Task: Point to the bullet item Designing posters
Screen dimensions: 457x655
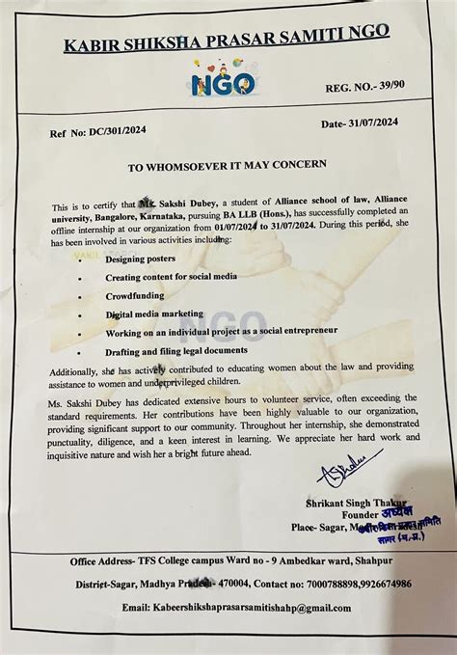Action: (x=138, y=260)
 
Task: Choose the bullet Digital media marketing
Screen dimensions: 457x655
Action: (x=154, y=314)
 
